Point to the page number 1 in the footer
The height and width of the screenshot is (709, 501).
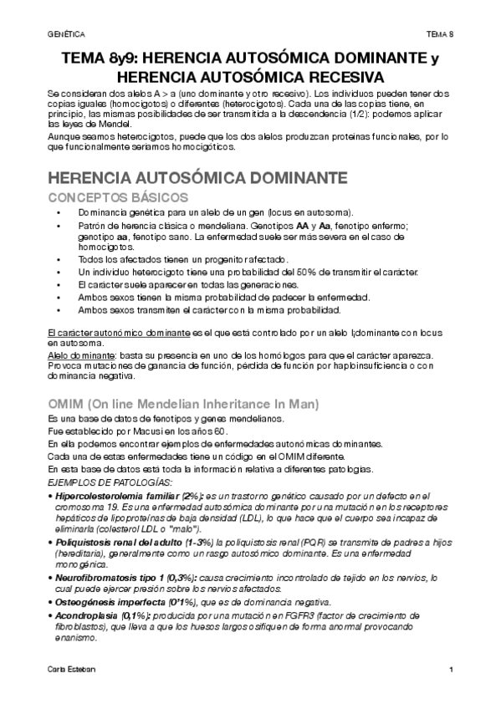(x=451, y=671)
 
